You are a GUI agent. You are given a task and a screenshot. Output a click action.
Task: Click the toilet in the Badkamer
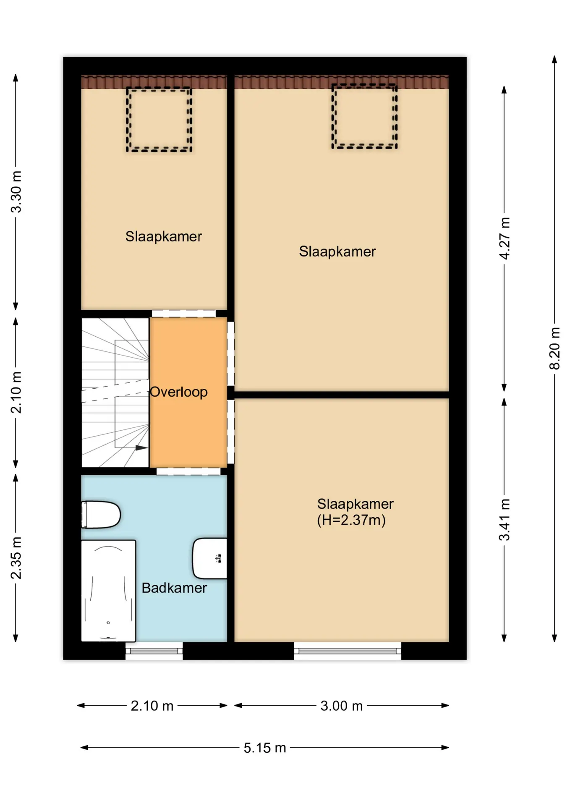101,514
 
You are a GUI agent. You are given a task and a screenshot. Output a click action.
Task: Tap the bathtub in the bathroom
108,591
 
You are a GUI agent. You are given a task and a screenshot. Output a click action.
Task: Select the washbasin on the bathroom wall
209,558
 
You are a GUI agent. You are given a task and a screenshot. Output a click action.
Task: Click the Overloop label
179,392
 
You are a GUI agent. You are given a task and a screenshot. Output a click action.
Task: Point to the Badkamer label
174,588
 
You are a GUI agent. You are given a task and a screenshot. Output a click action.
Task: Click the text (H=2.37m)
351,520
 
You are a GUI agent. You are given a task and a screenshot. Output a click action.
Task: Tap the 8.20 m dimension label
554,348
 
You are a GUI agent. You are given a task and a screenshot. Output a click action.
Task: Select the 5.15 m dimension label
265,748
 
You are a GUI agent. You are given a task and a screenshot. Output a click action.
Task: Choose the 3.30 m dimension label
16,192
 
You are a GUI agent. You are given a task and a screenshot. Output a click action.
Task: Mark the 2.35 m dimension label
16,558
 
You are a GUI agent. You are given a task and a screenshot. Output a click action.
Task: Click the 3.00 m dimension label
342,706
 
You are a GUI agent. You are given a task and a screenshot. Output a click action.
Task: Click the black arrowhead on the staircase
141,448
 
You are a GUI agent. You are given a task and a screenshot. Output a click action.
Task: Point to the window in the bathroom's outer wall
154,651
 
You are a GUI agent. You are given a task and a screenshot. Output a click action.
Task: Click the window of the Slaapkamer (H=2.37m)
348,651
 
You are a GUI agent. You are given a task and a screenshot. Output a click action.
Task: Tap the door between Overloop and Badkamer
188,471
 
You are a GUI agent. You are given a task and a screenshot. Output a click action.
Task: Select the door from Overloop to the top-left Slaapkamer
184,314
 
